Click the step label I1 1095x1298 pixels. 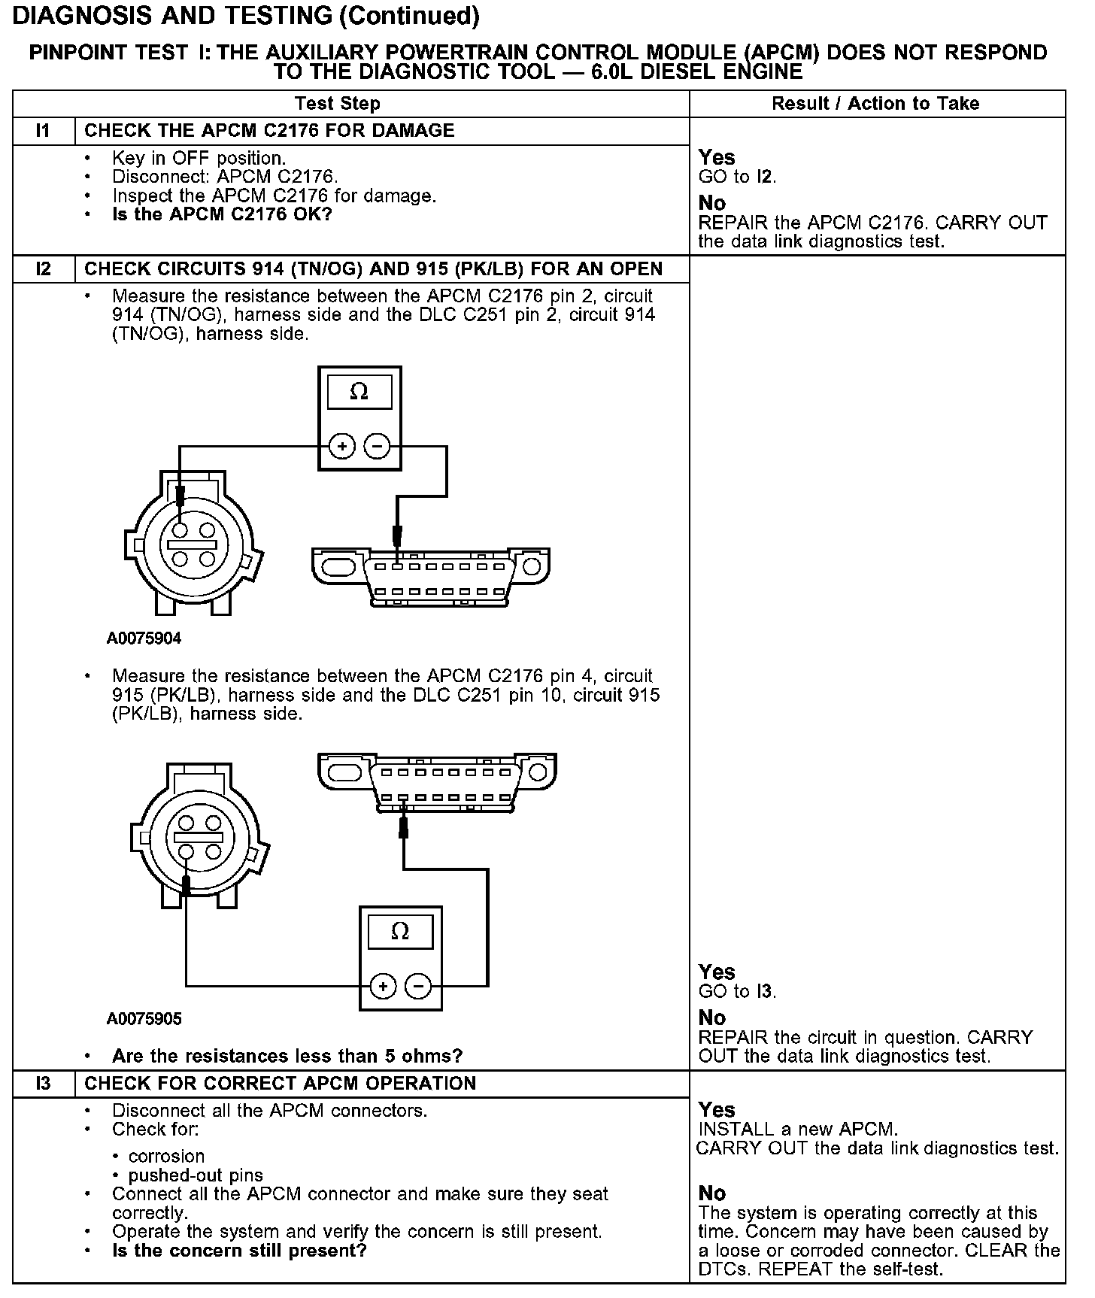[x=43, y=131]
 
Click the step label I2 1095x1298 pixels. [x=43, y=269]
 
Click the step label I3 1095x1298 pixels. [x=43, y=1084]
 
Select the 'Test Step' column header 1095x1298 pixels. [x=337, y=104]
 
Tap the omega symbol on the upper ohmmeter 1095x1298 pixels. [x=359, y=392]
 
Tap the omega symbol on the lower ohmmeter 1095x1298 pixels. [x=400, y=932]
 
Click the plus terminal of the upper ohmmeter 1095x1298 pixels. [x=342, y=447]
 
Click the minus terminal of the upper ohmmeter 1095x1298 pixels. [x=377, y=447]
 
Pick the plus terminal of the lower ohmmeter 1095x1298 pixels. [x=383, y=986]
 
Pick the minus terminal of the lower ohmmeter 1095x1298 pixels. [x=418, y=986]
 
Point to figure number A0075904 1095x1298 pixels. [x=144, y=638]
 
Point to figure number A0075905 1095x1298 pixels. [x=144, y=1019]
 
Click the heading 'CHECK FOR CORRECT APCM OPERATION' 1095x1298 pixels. [x=280, y=1084]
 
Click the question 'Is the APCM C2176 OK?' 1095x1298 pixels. [x=222, y=214]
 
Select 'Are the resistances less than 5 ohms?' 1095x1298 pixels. [x=287, y=1056]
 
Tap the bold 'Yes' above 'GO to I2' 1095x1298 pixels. [x=716, y=157]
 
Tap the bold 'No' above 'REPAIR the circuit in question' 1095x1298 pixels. [x=711, y=1017]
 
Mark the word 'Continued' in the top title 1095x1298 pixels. [x=407, y=16]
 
